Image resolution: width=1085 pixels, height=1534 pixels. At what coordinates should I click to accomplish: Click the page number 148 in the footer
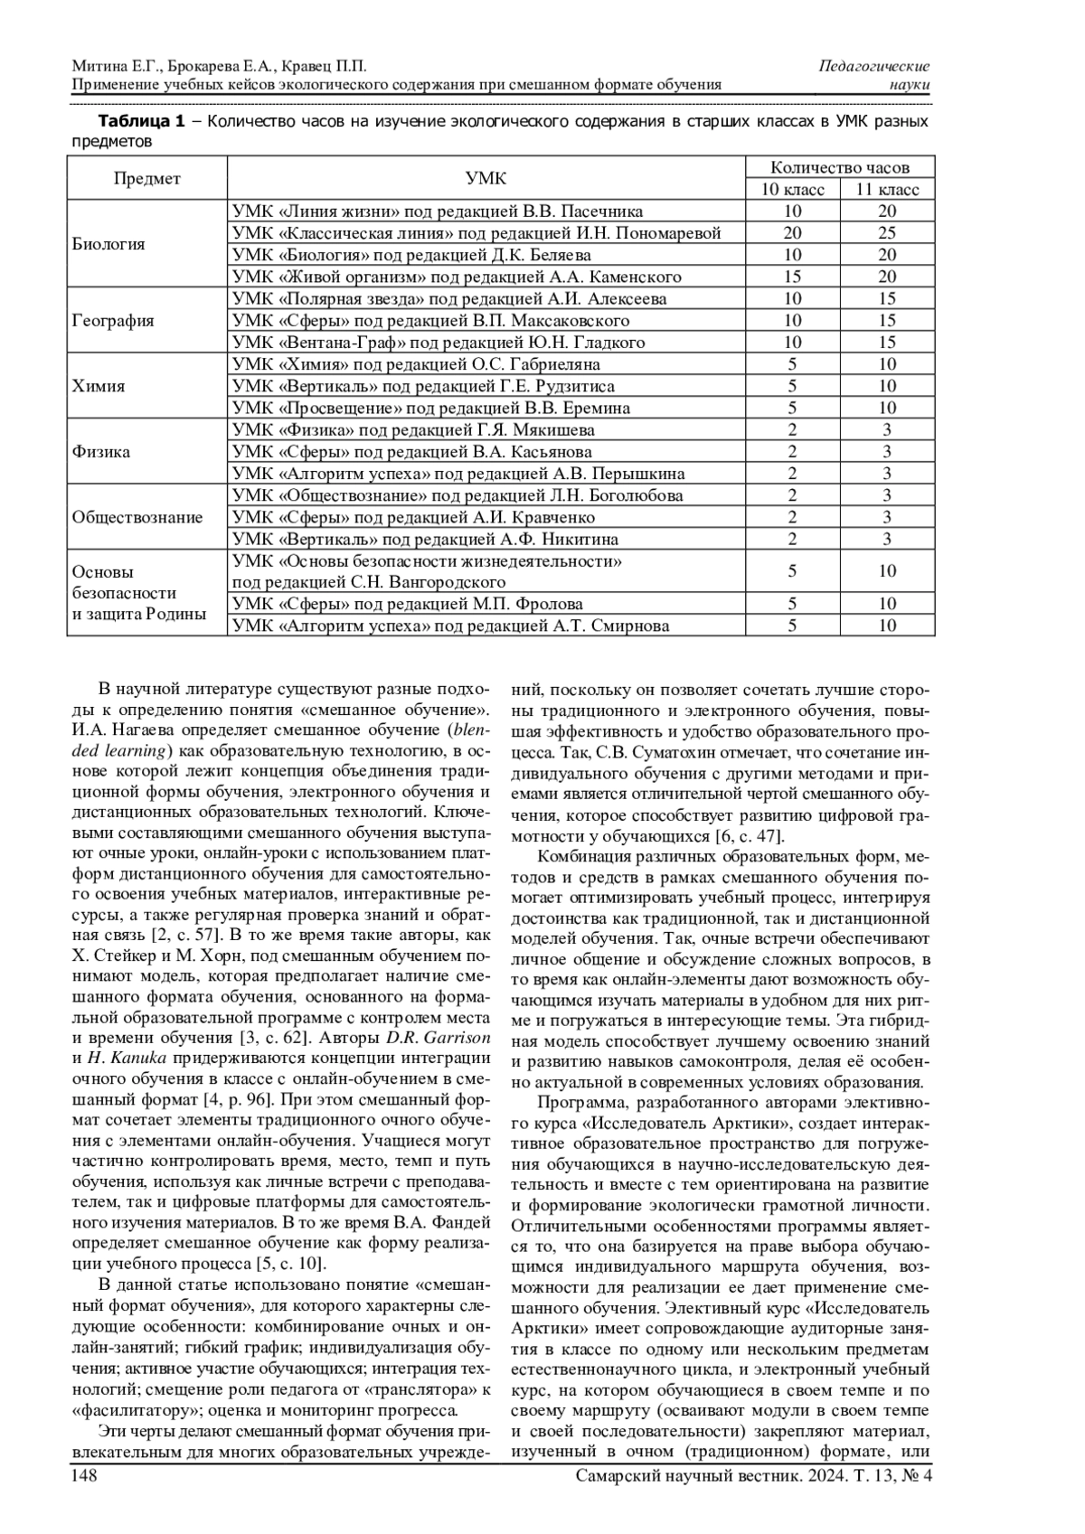pyautogui.click(x=84, y=1476)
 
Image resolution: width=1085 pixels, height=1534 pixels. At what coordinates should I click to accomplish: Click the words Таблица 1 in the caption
pyautogui.click(x=140, y=121)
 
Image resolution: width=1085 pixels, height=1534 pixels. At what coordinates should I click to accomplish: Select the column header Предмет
pyautogui.click(x=146, y=178)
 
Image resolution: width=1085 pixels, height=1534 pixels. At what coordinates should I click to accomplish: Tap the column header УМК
pyautogui.click(x=486, y=178)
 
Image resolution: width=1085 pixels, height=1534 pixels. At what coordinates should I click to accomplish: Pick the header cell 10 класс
pyautogui.click(x=792, y=190)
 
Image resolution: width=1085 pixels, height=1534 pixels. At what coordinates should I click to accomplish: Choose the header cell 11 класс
pyautogui.click(x=887, y=190)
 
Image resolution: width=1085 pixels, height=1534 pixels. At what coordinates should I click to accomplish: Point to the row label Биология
pyautogui.click(x=108, y=244)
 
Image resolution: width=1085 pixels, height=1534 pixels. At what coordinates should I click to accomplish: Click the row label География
pyautogui.click(x=113, y=321)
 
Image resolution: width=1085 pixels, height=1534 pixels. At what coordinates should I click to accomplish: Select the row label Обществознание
pyautogui.click(x=137, y=518)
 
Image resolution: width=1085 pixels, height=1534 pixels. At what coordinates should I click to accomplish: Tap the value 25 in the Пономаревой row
pyautogui.click(x=887, y=233)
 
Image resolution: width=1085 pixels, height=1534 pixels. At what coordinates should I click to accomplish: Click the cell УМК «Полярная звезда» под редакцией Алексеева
pyautogui.click(x=449, y=299)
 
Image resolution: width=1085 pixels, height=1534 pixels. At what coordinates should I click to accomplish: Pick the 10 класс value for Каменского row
pyautogui.click(x=792, y=277)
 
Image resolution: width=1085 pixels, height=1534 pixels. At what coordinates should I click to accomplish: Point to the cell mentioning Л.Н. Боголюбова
pyautogui.click(x=458, y=495)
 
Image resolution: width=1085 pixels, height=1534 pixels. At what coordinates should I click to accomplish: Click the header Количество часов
pyautogui.click(x=840, y=167)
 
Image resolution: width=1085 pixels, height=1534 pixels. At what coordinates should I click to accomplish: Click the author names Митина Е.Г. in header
pyautogui.click(x=114, y=67)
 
